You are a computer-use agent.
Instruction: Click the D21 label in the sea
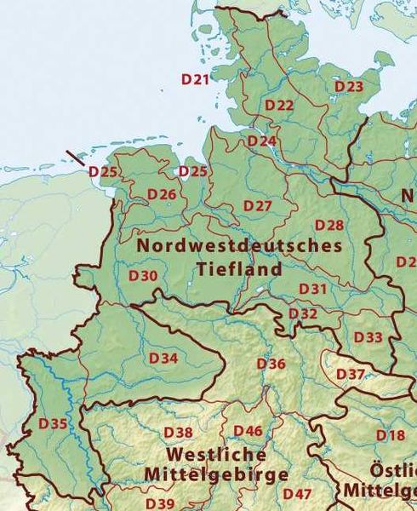195,79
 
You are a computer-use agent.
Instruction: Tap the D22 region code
279,105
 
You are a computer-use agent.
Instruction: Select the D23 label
349,87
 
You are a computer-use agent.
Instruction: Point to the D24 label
262,140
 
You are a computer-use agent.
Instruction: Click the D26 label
162,194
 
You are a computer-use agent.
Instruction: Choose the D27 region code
257,206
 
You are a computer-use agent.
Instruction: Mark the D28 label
329,225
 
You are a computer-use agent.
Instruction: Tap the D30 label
143,276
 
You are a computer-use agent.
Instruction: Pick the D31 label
313,289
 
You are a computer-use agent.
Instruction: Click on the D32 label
303,313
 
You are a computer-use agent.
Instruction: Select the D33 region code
368,337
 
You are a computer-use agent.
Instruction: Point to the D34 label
163,358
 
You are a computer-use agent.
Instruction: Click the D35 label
53,423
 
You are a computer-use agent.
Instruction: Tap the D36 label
271,364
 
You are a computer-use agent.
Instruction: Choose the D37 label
351,374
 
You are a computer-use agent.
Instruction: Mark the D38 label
179,433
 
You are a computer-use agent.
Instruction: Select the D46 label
248,431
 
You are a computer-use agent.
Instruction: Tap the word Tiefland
239,268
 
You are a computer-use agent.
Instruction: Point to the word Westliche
216,454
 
